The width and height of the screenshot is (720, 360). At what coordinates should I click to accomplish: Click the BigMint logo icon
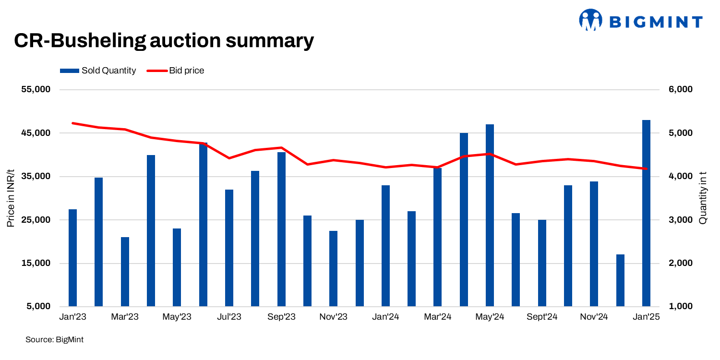coord(590,20)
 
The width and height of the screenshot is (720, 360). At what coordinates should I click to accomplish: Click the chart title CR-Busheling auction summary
coord(164,41)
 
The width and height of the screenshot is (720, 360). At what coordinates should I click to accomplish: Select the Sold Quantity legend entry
coord(98,71)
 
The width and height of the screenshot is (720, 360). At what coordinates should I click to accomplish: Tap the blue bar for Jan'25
coord(646,213)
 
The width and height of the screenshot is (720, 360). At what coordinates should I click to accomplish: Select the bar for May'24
coord(490,215)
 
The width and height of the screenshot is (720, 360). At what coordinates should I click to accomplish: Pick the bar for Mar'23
coord(125,272)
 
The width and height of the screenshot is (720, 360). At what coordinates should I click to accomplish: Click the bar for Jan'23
coord(72,258)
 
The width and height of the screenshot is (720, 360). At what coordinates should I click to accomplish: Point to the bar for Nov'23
coord(334,268)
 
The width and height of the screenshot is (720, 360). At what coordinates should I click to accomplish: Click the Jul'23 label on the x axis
coord(229,317)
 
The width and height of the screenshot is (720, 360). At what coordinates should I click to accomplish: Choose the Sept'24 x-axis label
coord(541,317)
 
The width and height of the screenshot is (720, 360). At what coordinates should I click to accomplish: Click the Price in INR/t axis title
coord(11,198)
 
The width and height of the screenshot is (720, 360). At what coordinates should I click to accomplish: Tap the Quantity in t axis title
coord(703,198)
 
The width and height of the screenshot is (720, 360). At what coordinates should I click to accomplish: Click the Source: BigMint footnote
coord(54,340)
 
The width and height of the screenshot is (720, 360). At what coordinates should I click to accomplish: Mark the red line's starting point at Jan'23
coord(72,123)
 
